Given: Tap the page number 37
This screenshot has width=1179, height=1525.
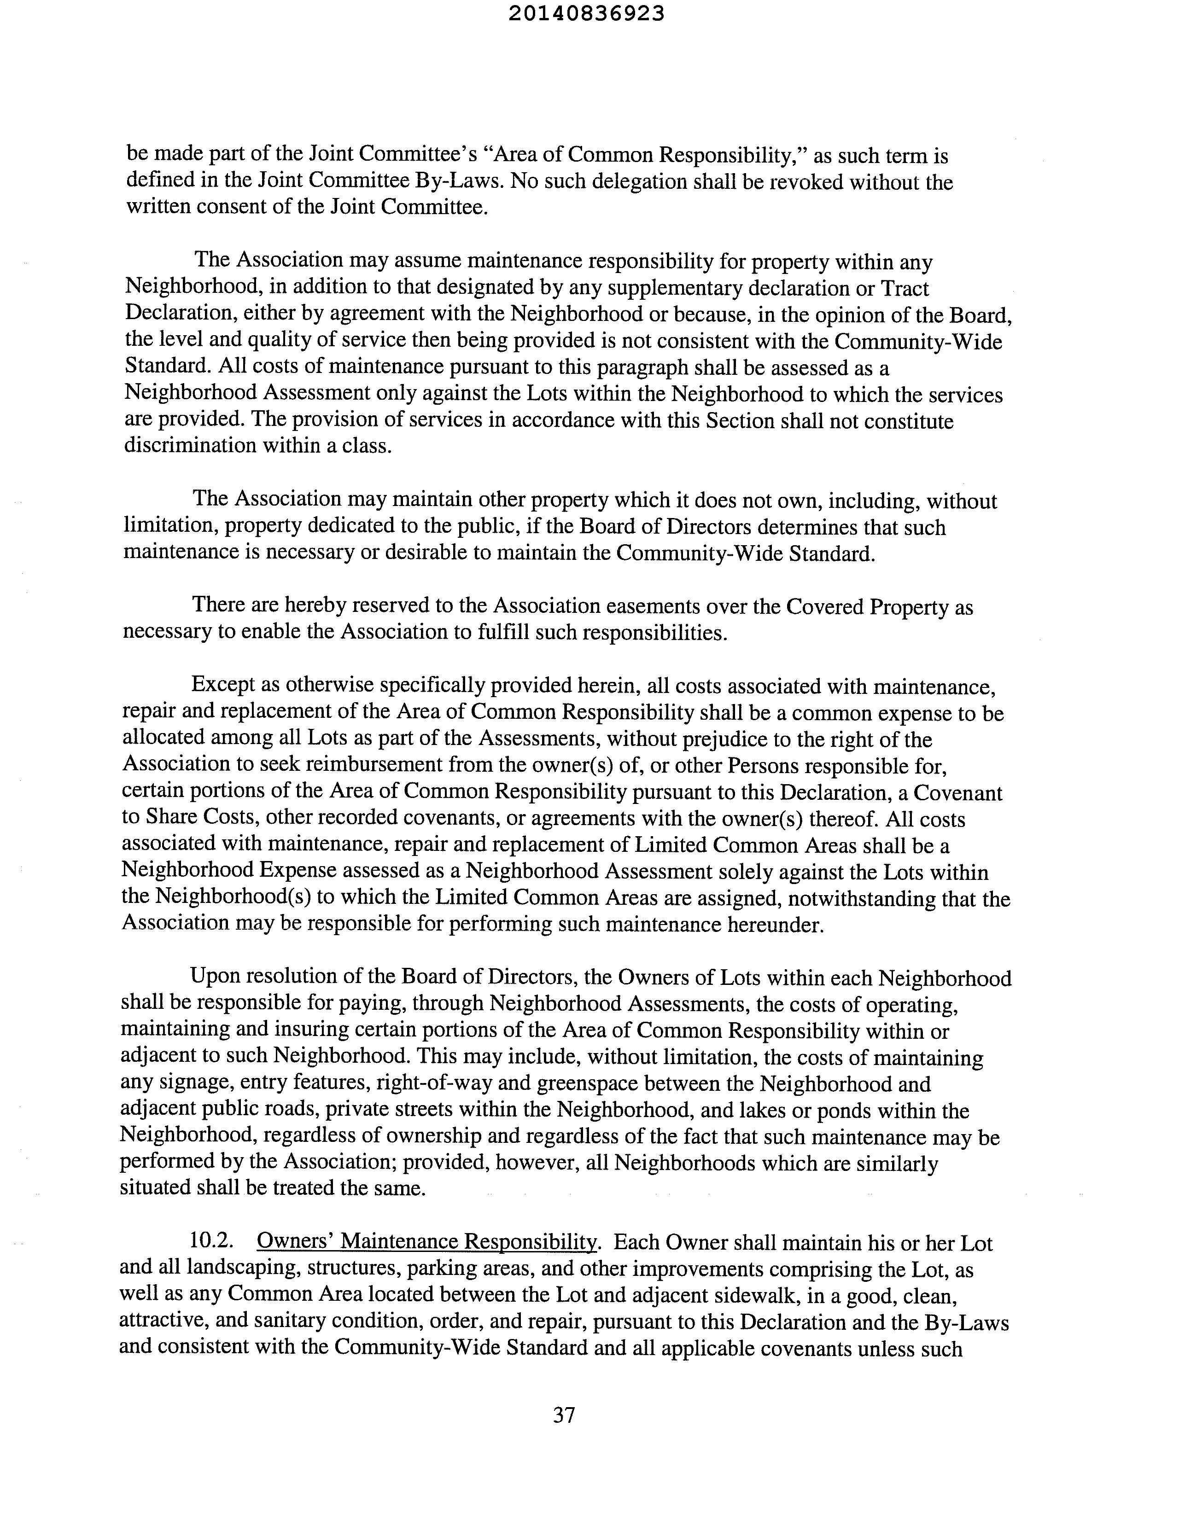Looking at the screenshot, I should click(564, 1415).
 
